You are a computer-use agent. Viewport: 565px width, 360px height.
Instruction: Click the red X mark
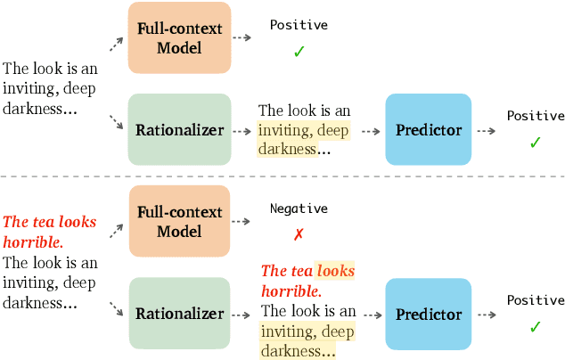click(299, 233)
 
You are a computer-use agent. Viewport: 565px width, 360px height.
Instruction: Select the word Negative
click(299, 209)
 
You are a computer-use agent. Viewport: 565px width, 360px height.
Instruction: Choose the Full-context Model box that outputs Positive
click(179, 37)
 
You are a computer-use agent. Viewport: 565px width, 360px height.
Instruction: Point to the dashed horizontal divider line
click(282, 176)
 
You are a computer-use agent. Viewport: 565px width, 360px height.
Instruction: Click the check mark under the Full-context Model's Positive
click(299, 52)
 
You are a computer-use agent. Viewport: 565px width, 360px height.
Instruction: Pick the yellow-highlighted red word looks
click(336, 270)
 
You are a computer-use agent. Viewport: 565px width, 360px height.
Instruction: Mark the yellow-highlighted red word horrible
click(288, 290)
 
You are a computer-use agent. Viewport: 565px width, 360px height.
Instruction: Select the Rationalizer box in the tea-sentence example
click(179, 314)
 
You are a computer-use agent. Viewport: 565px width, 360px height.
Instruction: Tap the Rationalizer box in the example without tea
click(179, 130)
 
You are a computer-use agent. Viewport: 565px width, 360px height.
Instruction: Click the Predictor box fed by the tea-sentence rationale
click(429, 314)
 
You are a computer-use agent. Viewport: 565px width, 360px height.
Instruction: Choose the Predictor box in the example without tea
click(429, 130)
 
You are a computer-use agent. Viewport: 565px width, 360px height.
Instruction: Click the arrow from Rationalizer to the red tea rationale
click(242, 314)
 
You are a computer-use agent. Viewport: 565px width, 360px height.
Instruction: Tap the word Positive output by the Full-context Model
click(299, 25)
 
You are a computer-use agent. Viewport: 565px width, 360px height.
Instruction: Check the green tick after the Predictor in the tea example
click(535, 327)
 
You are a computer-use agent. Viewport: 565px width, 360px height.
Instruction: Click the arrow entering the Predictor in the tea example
click(370, 314)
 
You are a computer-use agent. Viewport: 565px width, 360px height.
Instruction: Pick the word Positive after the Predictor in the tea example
click(536, 301)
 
